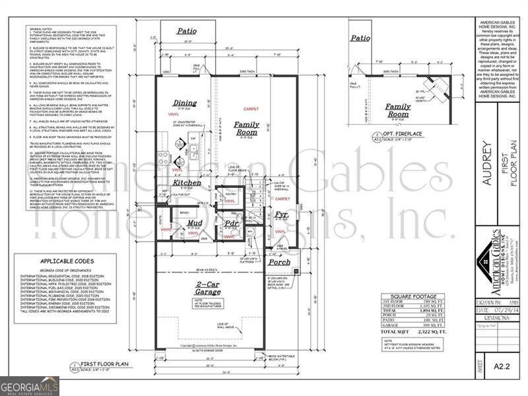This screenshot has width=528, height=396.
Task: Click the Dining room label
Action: (x=185, y=103)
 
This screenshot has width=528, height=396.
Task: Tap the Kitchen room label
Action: (x=187, y=182)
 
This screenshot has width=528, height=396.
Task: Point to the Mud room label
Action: (x=194, y=223)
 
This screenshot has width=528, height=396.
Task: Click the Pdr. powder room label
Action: (x=231, y=223)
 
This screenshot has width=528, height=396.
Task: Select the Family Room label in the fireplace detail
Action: (x=398, y=110)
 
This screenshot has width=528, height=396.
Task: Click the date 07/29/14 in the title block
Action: (x=502, y=309)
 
